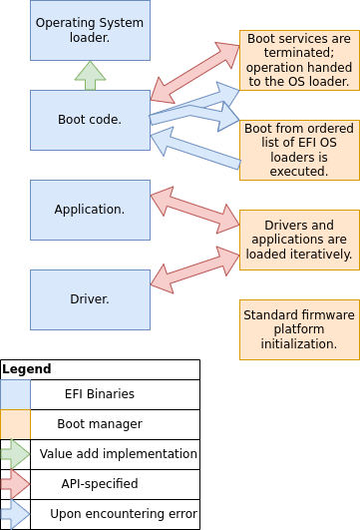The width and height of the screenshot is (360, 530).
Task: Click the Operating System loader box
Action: (90, 30)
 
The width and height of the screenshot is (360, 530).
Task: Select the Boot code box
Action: (90, 120)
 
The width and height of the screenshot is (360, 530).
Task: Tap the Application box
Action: (90, 210)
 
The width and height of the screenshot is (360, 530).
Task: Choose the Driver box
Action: (90, 299)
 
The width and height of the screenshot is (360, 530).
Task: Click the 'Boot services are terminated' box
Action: (299, 61)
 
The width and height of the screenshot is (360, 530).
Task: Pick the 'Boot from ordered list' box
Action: (299, 150)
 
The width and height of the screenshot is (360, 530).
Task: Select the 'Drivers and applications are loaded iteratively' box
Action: (299, 240)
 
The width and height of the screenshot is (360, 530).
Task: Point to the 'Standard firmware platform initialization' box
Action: (299, 329)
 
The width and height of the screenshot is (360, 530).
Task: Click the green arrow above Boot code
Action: (90, 76)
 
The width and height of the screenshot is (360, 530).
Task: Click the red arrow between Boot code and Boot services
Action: (194, 72)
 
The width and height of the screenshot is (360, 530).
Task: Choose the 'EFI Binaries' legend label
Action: (99, 394)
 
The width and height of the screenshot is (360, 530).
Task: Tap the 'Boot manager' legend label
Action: (99, 424)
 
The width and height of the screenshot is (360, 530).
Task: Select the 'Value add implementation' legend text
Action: (118, 454)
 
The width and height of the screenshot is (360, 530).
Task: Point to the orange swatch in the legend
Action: (16, 424)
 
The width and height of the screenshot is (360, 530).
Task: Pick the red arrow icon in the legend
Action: (16, 484)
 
